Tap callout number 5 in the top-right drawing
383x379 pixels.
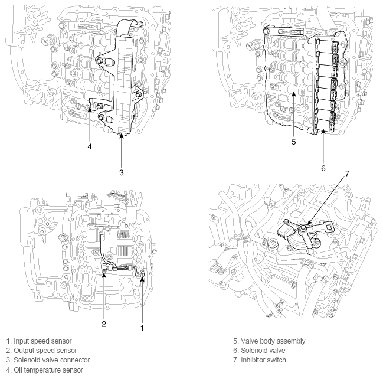294,142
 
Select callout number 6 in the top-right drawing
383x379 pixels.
324,168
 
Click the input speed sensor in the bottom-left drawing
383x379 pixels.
141,273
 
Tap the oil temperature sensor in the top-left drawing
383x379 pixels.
92,106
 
